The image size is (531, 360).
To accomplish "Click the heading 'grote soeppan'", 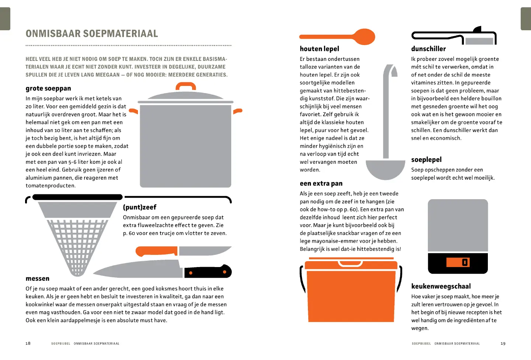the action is pos(48,89).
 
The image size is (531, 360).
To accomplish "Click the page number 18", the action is pos(28,343).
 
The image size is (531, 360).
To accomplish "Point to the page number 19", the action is pos(503,343).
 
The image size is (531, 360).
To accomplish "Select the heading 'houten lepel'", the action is pos(319,49).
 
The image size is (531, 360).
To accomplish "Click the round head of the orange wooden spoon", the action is pos(364,37).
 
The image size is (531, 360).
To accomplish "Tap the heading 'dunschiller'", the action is pos(428,49).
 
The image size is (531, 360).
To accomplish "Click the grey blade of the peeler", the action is pos(479,41).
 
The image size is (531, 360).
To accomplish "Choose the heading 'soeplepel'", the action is pos(426,160).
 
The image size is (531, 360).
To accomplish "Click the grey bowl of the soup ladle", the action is pos(385,169).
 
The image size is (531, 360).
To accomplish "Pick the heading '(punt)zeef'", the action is pos(140,207).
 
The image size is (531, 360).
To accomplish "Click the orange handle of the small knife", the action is pos(156,251).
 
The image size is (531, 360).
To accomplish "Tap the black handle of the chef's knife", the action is pos(208,271).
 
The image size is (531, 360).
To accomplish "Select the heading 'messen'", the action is pos(38,278).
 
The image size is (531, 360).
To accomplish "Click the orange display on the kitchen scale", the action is pos(458,262).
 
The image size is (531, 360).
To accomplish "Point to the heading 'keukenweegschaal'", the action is pos(441,286).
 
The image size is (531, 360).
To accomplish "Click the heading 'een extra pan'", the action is pos(321,184).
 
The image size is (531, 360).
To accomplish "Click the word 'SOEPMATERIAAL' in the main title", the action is pos(121,34).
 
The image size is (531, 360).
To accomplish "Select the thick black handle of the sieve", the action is pos(77,197).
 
